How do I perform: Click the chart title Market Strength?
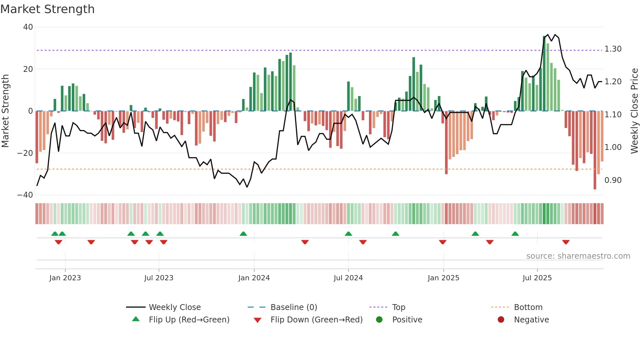[47, 9]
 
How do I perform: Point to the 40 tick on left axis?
[28, 27]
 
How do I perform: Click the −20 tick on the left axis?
[25, 153]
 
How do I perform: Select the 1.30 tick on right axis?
[613, 49]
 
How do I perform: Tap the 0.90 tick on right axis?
[613, 180]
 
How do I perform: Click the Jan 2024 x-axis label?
[254, 278]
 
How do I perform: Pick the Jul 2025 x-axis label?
[537, 278]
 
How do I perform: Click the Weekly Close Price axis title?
[634, 111]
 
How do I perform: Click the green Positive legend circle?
[379, 319]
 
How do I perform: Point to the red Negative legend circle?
[501, 319]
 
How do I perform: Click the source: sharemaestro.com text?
[578, 256]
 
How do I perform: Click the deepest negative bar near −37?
[595, 150]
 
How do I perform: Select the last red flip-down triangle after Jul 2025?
[566, 242]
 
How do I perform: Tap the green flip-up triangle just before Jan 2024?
[243, 234]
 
